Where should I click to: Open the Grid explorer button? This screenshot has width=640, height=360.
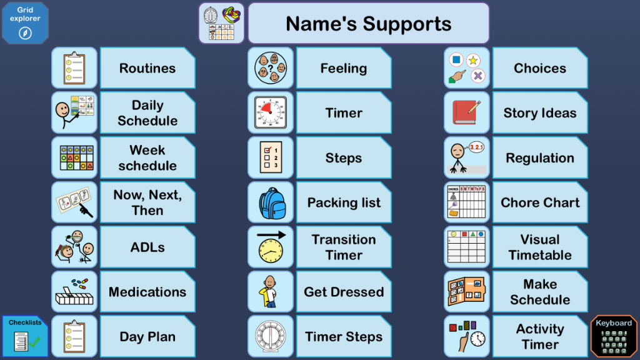25,23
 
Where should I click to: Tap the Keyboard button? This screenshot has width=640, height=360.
614,336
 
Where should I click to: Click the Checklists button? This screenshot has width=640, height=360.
25,336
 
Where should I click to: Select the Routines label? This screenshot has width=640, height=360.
147,68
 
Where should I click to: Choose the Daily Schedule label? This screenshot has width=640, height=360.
147,113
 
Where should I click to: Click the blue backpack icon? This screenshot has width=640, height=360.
271,203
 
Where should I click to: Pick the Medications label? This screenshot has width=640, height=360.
147,292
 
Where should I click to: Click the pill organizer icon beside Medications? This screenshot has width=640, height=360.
74,292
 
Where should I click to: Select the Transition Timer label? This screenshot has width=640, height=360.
344,247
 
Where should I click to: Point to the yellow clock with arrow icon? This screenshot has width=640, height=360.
271,247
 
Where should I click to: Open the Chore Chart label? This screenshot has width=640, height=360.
540,203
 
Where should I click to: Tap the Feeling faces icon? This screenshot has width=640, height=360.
271,68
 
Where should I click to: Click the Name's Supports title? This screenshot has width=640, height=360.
369,23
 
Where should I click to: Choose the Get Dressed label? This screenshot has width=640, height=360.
344,292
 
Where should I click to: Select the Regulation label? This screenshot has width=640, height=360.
540,158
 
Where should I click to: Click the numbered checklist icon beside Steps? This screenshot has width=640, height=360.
271,158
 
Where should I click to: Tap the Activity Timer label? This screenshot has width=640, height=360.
540,337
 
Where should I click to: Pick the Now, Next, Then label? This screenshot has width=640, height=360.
147,203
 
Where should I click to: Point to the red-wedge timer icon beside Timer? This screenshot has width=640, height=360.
271,113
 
